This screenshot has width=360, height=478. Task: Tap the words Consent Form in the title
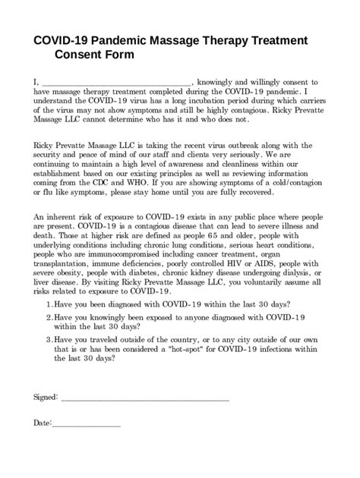[96, 55]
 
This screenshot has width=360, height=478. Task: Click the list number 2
[49, 316]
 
